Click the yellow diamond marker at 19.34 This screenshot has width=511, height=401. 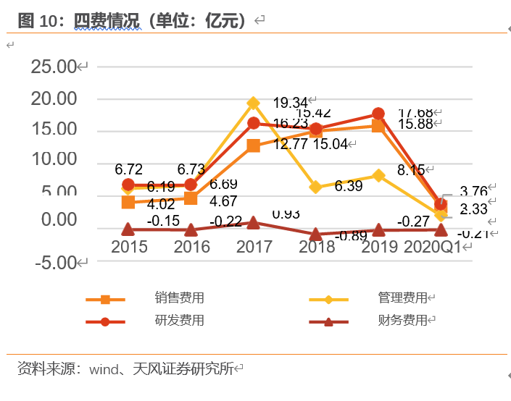253,104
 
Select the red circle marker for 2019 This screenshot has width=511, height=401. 378,114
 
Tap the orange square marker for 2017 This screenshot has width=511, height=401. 253,145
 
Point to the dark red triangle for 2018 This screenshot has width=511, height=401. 316,235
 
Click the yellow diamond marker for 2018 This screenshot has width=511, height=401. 316,187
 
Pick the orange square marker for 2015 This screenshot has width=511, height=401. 128,202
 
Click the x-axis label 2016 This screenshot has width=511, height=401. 191,247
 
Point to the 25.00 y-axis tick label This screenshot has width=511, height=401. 54,67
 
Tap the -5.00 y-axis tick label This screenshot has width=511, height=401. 54,262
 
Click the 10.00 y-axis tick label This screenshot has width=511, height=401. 54,159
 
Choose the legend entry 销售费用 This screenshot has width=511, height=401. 179,298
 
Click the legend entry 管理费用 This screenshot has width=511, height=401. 402,298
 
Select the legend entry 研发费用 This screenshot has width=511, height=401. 179,320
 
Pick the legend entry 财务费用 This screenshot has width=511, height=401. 402,320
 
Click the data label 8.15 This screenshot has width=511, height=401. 410,170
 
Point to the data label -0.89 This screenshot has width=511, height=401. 351,235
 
